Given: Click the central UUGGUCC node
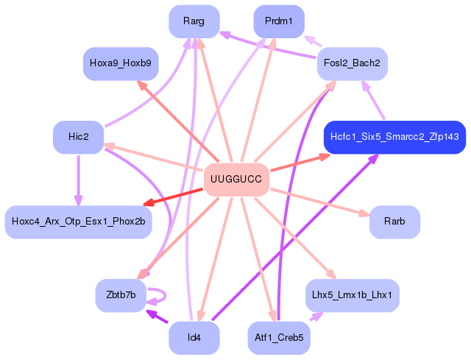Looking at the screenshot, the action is (236, 180).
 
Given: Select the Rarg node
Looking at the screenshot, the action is (194, 21).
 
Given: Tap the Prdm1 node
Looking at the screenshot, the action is (279, 21).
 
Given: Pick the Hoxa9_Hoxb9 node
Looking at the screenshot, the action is (121, 63).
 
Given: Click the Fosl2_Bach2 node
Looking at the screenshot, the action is (352, 63).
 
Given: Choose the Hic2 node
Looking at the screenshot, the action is (79, 137).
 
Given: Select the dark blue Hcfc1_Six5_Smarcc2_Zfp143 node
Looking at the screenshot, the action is (394, 137).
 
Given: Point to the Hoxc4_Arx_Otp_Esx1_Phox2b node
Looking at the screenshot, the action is (79, 222).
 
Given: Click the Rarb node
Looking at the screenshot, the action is (394, 222).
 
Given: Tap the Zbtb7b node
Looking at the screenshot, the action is (121, 295).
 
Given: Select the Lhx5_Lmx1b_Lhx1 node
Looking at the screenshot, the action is (352, 295).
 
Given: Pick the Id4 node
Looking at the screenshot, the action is (194, 338).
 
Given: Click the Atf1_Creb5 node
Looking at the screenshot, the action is (279, 338).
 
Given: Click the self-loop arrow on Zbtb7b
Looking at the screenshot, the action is (165, 295).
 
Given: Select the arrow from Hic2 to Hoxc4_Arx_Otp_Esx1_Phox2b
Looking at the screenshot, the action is (79, 180).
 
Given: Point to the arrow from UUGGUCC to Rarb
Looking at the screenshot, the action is (320, 202).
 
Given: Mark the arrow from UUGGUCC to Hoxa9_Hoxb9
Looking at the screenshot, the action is (178, 121).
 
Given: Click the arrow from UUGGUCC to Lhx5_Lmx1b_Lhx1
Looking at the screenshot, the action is (296, 238).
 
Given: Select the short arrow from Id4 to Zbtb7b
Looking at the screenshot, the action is (157, 316).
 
